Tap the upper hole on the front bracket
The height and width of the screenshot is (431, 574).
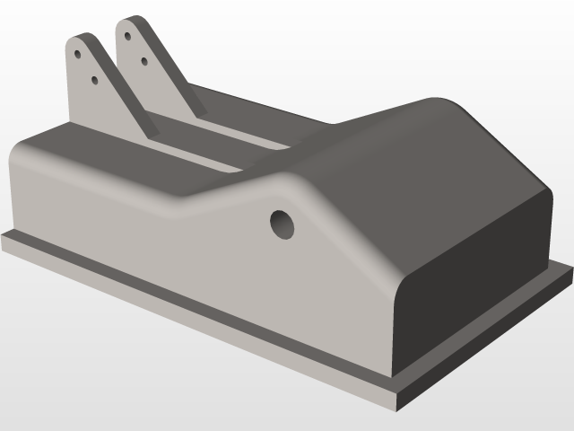pyautogui.click(x=78, y=54)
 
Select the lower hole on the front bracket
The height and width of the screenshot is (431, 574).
pyautogui.click(x=95, y=80)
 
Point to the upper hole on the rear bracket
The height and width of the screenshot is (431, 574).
pyautogui.click(x=128, y=37)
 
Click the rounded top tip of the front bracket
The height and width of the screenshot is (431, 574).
pyautogui.click(x=81, y=38)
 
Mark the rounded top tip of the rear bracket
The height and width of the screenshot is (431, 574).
pyautogui.click(x=133, y=20)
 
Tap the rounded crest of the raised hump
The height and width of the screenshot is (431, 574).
pyautogui.click(x=430, y=108)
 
